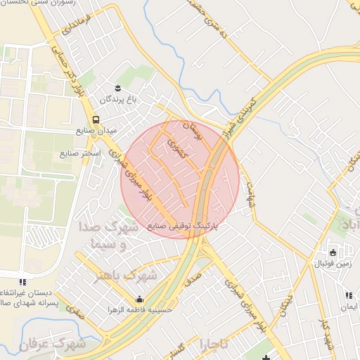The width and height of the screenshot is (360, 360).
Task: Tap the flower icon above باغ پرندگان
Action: coord(118,87)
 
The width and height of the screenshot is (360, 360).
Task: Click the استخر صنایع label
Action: coord(80,153)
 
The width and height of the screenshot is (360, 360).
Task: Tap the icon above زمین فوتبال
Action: coord(333,252)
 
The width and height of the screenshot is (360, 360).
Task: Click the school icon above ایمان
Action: coord(349,295)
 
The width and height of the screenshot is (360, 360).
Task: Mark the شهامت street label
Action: coord(247,190)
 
